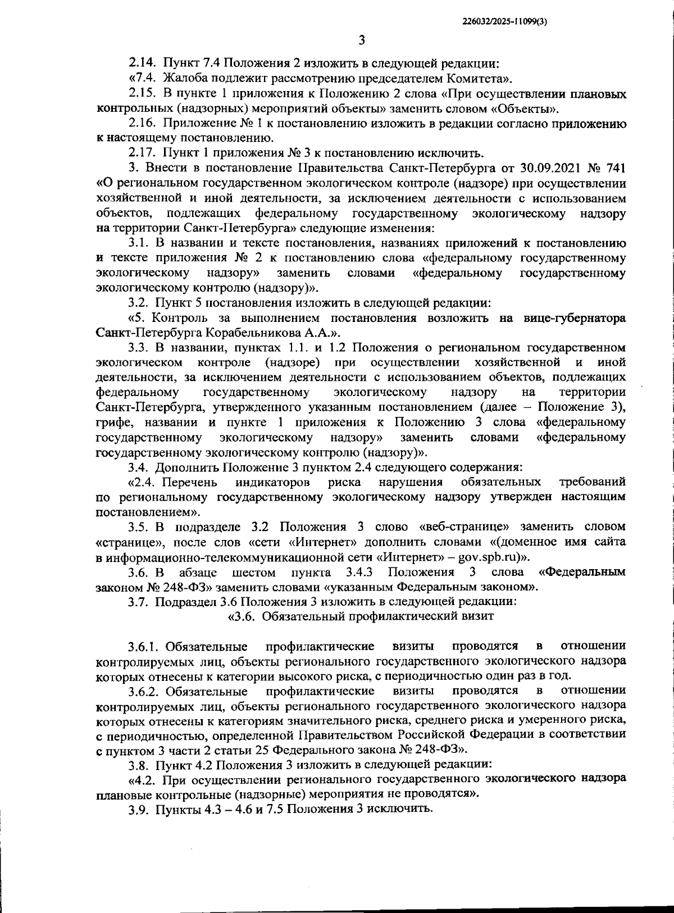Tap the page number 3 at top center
coord(361,40)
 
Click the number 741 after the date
coord(613,168)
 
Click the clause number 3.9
coord(139,810)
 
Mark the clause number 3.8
coord(139,765)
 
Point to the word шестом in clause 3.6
coord(253,573)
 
